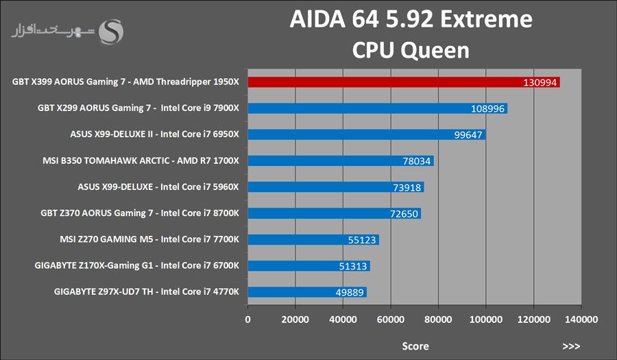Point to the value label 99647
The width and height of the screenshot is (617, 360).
pyautogui.click(x=469, y=135)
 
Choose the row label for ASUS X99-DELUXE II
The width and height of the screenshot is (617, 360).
pyautogui.click(x=154, y=134)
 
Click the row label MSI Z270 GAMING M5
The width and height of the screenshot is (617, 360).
pyautogui.click(x=149, y=239)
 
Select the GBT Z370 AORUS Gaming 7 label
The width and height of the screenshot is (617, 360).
pyautogui.click(x=140, y=213)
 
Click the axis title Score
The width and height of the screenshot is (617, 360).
pyautogui.click(x=415, y=346)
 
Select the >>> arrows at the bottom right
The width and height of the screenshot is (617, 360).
pyautogui.click(x=571, y=346)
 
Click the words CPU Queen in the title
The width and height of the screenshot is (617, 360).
pyautogui.click(x=411, y=50)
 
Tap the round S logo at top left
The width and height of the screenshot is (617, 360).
pyautogui.click(x=112, y=32)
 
